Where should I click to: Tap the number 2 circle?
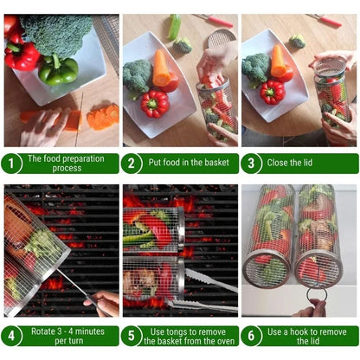tap(133, 163)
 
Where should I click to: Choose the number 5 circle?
tap(133, 336)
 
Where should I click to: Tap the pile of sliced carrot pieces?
tap(104, 116)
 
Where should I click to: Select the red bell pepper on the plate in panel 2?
tap(155, 104)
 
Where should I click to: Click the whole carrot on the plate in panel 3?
tap(279, 62)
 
